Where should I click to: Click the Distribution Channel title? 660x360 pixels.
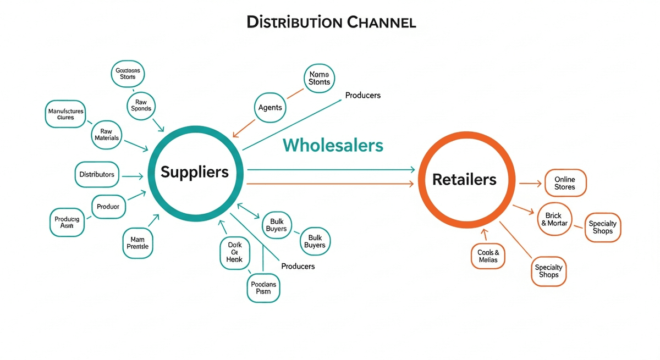pos(331,23)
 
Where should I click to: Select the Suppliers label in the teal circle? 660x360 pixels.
pos(195,172)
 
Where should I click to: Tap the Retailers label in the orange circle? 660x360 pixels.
pos(464,179)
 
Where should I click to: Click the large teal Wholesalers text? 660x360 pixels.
pos(333,145)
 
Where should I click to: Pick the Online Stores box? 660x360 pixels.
pos(565,184)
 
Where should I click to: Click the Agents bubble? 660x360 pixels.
pos(270,108)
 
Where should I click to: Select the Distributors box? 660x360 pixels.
pos(97,174)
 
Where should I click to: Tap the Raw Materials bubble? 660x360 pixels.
pos(107,135)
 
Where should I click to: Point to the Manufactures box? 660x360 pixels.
pos(66,114)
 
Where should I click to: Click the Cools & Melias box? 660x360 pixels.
pos(488,256)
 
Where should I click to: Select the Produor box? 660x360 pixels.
pos(108,207)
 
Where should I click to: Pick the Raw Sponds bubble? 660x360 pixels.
pos(141,105)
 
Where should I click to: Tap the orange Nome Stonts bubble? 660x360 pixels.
pos(319,78)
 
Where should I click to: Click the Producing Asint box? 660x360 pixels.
pos(67,222)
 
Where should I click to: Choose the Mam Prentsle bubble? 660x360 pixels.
pos(137,243)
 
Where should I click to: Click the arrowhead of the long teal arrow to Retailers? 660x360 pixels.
pos(413,170)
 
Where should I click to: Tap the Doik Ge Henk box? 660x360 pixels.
pos(235,254)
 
